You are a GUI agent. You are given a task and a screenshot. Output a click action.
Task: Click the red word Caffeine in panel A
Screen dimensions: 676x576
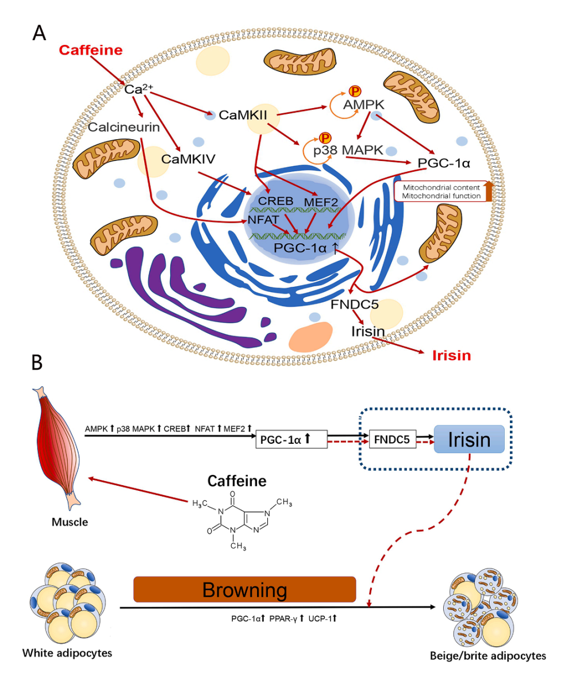pyautogui.click(x=90, y=50)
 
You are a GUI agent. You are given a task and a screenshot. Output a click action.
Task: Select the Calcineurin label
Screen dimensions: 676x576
pyautogui.click(x=124, y=126)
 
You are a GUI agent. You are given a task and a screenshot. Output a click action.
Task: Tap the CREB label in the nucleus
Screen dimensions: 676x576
pyautogui.click(x=276, y=201)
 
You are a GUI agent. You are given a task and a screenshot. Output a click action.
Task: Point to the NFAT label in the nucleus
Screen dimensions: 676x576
pyautogui.click(x=263, y=220)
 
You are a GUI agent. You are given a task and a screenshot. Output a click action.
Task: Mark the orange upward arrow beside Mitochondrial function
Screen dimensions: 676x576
pyautogui.click(x=489, y=191)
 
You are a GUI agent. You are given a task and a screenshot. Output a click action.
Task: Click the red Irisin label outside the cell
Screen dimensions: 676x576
pyautogui.click(x=451, y=356)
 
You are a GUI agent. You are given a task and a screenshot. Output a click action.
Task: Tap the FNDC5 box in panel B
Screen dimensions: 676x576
pyautogui.click(x=392, y=440)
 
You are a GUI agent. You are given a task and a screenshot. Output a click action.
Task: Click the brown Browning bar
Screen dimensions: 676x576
pyautogui.click(x=245, y=590)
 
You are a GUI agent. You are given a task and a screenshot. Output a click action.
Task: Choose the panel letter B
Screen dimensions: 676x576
pyautogui.click(x=36, y=363)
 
